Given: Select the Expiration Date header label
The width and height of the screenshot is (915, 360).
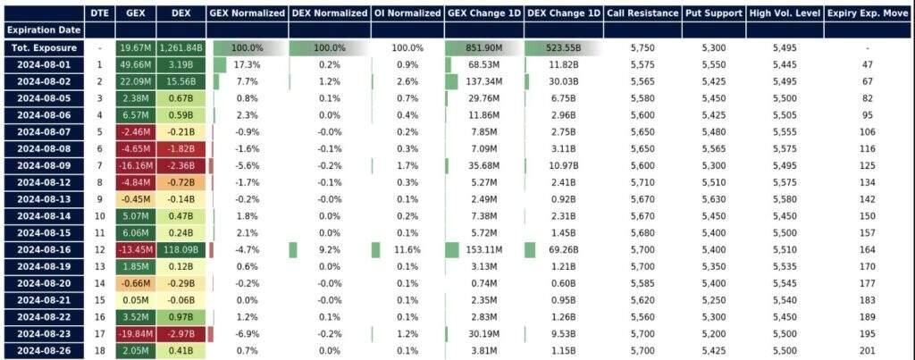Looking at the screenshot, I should pos(44,29).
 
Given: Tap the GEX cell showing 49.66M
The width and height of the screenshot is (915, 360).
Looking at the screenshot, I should pos(135,65).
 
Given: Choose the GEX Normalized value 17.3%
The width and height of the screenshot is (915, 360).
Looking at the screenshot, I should pos(247,65).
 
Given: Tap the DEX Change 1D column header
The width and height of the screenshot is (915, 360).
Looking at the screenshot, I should pos(563,13).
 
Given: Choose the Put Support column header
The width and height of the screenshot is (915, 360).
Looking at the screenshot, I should pos(713,13).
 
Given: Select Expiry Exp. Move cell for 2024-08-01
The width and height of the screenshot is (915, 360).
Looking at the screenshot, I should pos(867,65).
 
